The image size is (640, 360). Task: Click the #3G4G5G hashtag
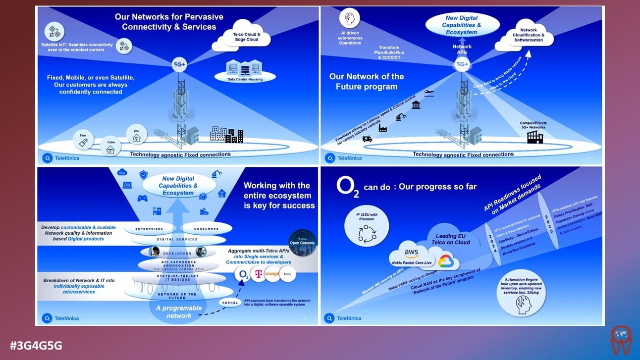click(x=36, y=345)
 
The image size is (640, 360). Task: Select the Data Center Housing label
click(x=245, y=79)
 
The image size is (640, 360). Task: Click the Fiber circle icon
click(x=84, y=140)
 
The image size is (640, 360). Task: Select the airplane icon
click(x=428, y=93)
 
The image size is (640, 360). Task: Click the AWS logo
click(x=411, y=253)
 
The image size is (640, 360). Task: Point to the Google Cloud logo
click(x=445, y=261)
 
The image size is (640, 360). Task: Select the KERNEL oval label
click(x=229, y=303)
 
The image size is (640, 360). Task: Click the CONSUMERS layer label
click(x=206, y=228)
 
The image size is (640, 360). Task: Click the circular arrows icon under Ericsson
click(x=367, y=231)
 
